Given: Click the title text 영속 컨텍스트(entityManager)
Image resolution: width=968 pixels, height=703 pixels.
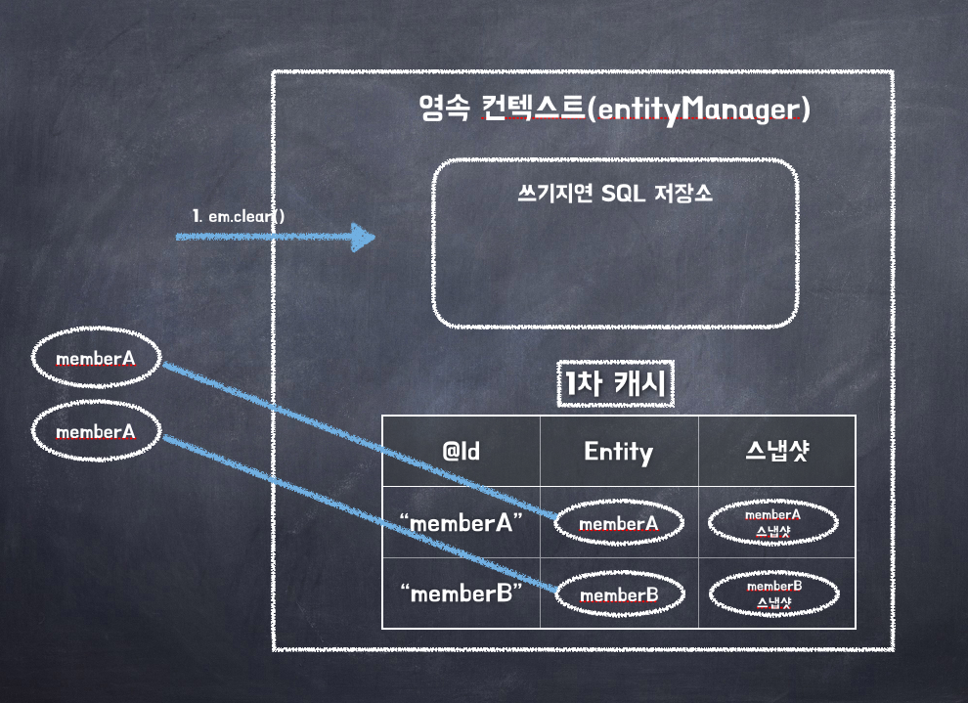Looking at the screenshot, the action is pos(614,109).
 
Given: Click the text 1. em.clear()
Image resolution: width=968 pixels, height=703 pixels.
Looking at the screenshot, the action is pos(239,215).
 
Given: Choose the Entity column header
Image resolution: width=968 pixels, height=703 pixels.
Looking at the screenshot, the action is pos(618,451).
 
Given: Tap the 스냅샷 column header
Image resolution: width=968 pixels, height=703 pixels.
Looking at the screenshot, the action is pos(776,451).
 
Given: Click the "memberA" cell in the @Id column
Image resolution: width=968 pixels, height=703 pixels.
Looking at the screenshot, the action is pos(462,522).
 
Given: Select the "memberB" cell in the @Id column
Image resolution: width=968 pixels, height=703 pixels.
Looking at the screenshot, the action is pos(462,593).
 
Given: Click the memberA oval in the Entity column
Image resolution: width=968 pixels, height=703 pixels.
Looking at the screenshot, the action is pos(618,523).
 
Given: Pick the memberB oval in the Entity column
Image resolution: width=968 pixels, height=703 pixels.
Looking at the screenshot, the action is pos(618,593).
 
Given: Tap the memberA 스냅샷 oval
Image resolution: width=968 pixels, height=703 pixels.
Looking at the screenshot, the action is pos(772,522).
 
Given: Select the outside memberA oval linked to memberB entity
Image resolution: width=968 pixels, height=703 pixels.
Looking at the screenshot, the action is pos(95,431).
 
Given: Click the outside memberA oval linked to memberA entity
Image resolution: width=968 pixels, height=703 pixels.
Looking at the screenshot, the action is pos(95,358).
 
